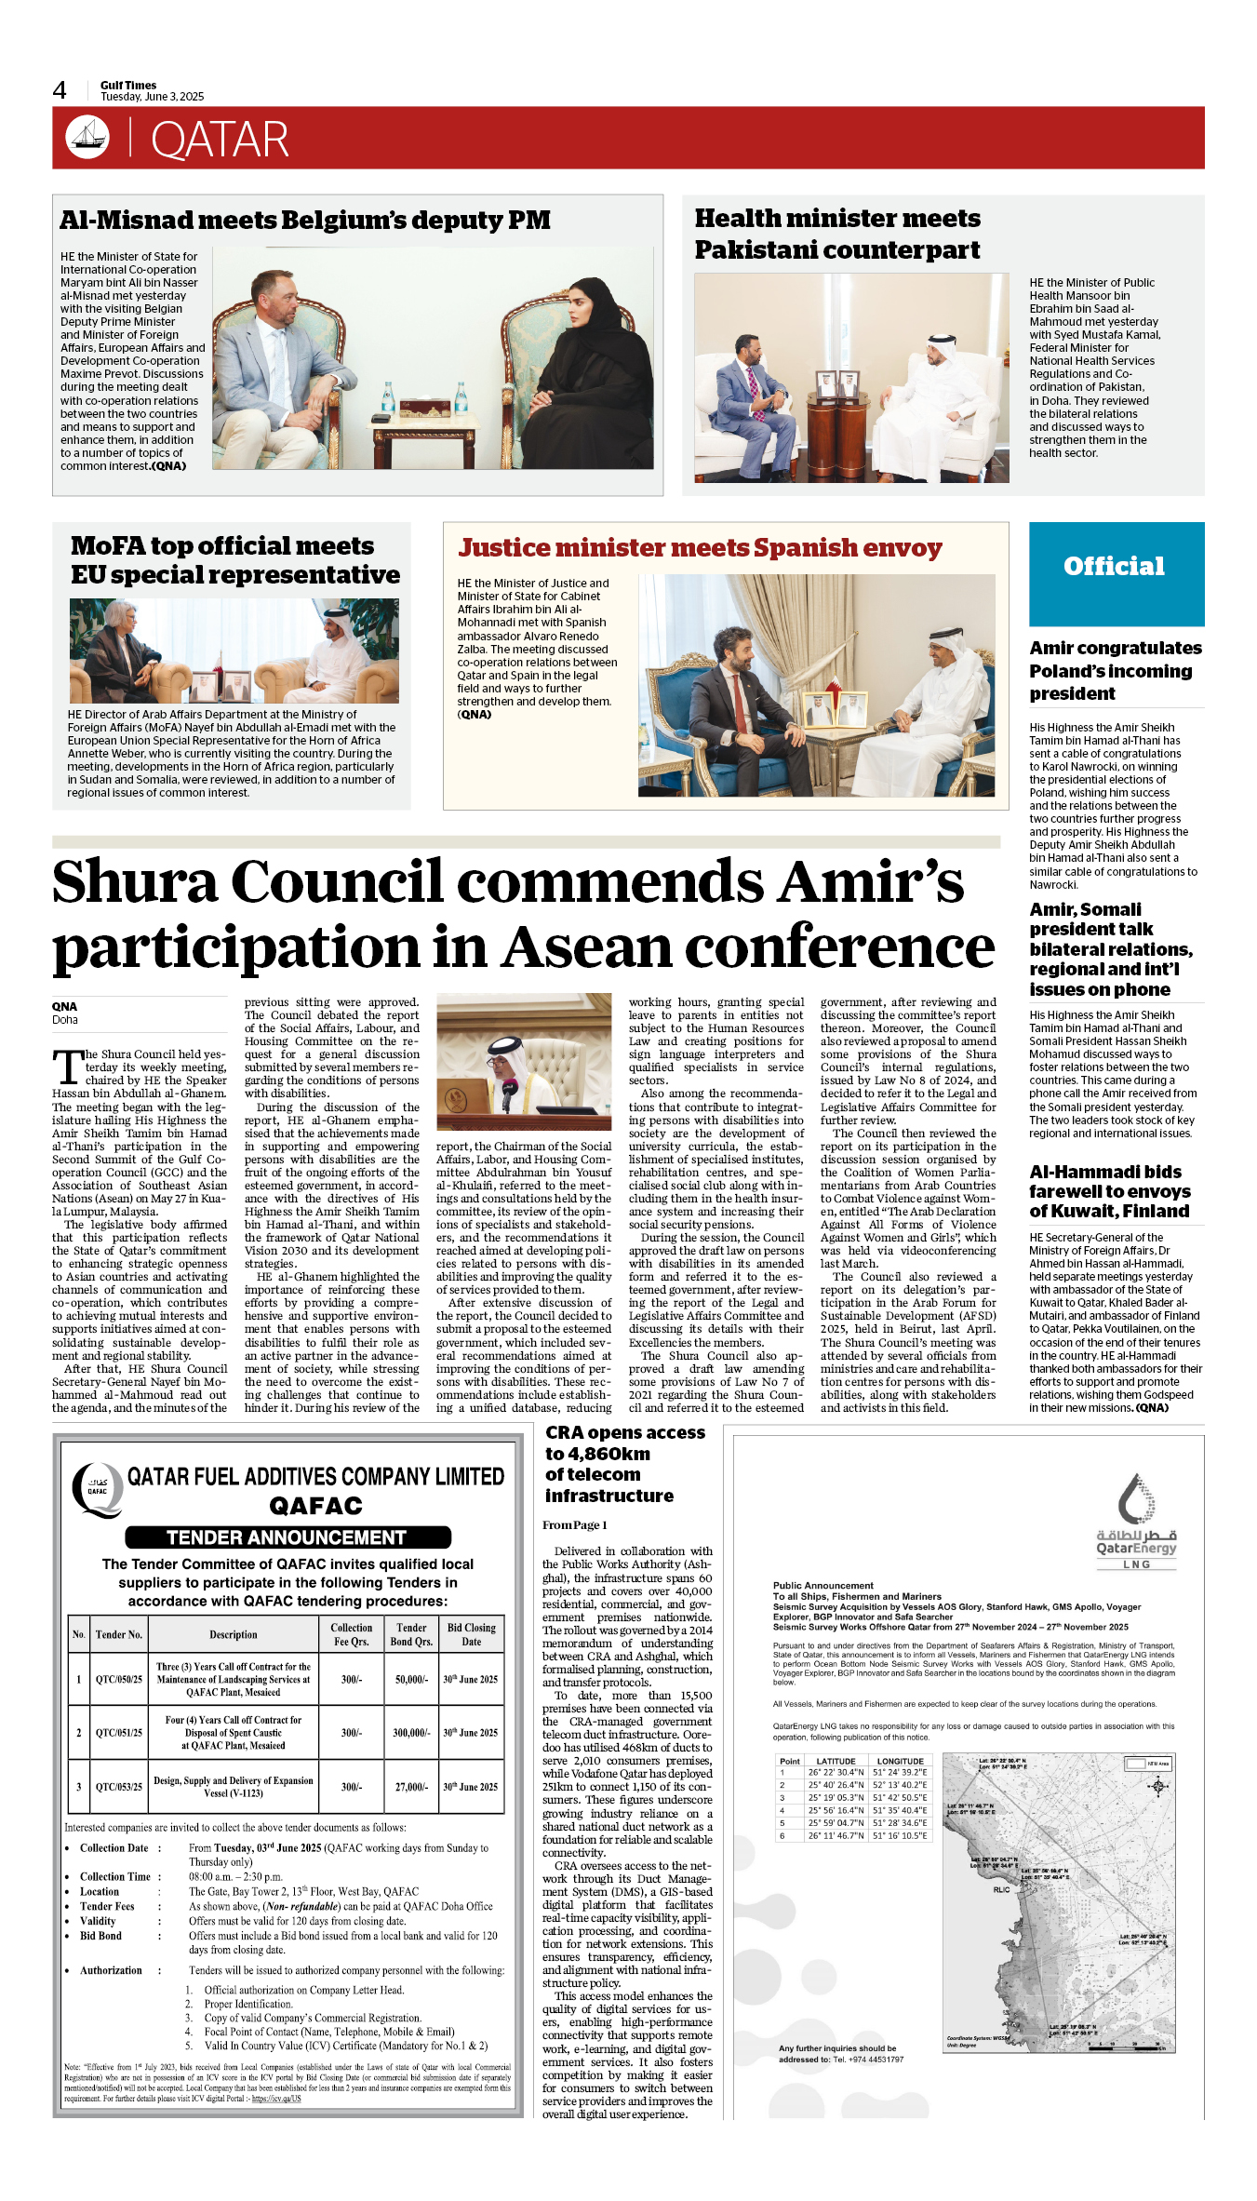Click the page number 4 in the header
[60, 90]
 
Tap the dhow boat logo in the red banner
[87, 137]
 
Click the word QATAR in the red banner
[220, 141]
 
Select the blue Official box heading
[1115, 567]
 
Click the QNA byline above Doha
[64, 1007]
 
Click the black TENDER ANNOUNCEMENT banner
[288, 1537]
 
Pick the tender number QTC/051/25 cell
[119, 1733]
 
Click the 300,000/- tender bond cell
[411, 1733]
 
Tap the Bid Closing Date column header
[471, 1634]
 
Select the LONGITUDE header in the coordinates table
[900, 1761]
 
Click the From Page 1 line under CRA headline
[575, 1525]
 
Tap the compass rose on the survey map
[1157, 1786]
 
